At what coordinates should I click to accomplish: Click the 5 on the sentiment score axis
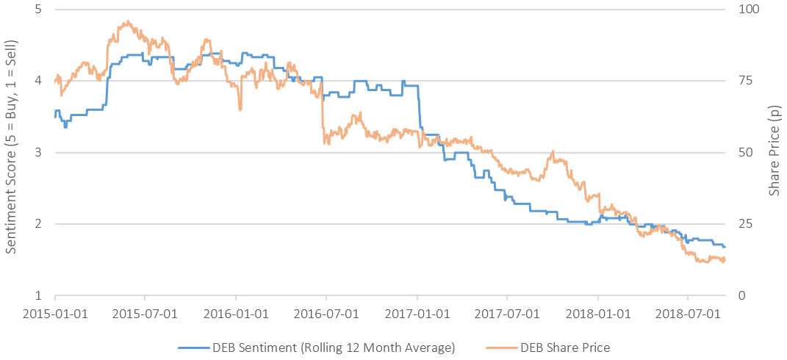pos(38,9)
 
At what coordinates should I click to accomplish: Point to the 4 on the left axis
pos(38,81)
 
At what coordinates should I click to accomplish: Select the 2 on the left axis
pos(38,224)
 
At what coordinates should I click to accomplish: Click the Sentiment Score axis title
pos(11,152)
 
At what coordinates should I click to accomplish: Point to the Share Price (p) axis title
pos(774,152)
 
